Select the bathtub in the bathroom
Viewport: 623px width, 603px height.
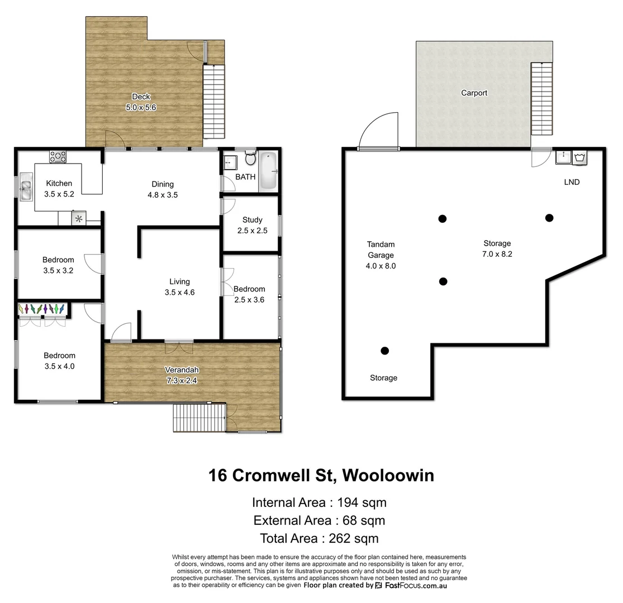268,171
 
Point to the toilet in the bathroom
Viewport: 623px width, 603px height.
250,159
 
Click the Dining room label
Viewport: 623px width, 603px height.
163,184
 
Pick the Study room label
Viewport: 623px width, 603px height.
252,220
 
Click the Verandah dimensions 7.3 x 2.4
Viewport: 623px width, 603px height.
182,380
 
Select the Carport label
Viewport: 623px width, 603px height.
474,93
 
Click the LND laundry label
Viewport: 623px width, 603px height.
572,182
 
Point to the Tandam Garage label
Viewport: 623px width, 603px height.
381,250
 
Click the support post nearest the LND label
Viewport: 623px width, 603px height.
549,218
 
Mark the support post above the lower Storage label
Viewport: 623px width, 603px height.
384,351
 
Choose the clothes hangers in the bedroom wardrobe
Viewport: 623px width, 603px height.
42,308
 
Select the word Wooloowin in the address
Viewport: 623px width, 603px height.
388,476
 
